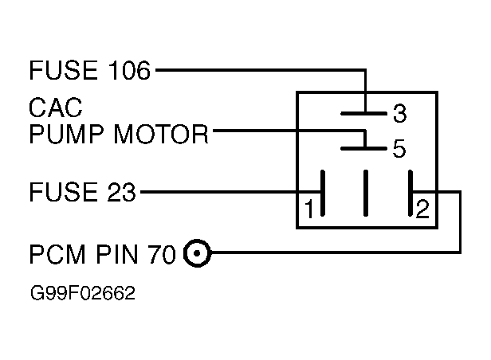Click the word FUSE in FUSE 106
(x=63, y=70)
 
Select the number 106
(x=129, y=70)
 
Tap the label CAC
(x=56, y=108)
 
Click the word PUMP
(x=66, y=134)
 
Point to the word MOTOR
(x=161, y=134)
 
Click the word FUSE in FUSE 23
(x=63, y=192)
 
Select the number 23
(x=121, y=192)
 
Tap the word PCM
(x=57, y=254)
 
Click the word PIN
(x=117, y=254)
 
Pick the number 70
(x=162, y=254)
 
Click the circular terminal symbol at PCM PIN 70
(x=197, y=253)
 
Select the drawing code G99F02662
(x=83, y=293)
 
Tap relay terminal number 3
(x=400, y=113)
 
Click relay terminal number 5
(x=399, y=148)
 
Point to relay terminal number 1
(x=309, y=209)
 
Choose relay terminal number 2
(x=422, y=209)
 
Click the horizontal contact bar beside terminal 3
(x=363, y=114)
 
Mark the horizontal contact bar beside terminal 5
(x=363, y=148)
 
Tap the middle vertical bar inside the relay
(x=365, y=193)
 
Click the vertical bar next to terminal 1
(x=323, y=193)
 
